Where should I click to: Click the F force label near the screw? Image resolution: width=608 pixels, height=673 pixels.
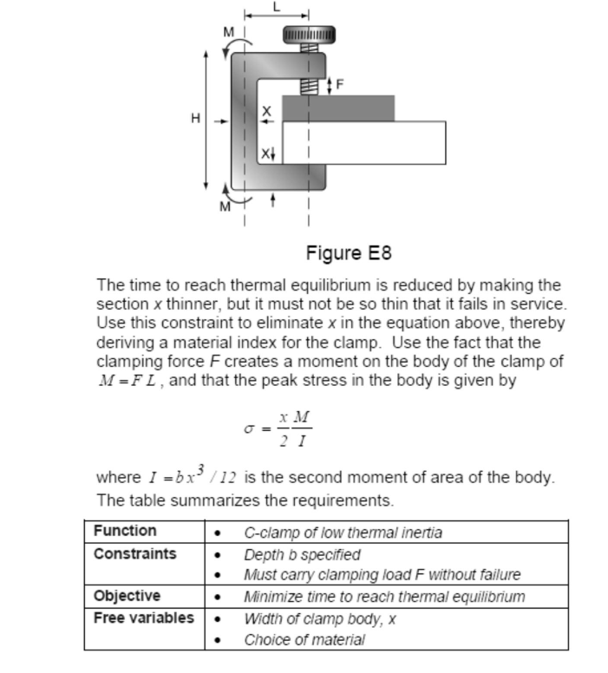click(339, 85)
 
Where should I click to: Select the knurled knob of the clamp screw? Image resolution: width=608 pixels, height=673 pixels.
click(309, 35)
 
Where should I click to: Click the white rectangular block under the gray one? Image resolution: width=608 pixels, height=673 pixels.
click(364, 143)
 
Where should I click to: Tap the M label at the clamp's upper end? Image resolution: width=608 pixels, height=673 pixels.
click(229, 32)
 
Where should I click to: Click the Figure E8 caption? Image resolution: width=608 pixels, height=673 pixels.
click(349, 253)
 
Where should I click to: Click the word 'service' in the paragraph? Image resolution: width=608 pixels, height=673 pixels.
click(539, 304)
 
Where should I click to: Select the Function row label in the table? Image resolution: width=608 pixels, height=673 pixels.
click(125, 531)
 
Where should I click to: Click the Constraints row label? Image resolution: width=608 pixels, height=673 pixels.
click(134, 553)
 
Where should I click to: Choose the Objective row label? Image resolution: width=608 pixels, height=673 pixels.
click(127, 596)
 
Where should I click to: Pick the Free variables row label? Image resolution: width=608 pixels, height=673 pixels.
click(144, 617)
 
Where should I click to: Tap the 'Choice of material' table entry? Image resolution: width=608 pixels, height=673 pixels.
click(304, 640)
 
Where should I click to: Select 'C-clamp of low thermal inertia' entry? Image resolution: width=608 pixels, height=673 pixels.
click(343, 533)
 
